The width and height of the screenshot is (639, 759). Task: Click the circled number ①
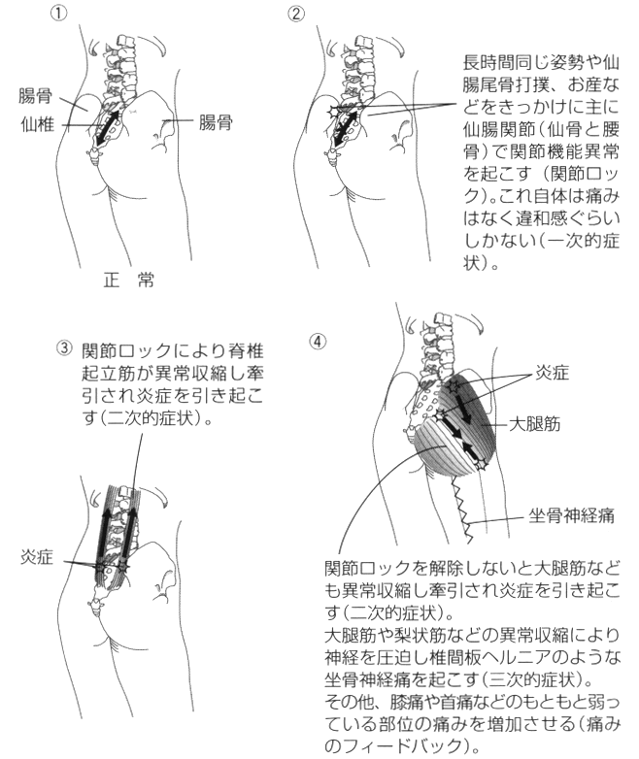(58, 14)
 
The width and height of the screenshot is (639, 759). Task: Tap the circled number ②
(296, 14)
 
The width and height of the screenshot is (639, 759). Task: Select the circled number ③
(64, 348)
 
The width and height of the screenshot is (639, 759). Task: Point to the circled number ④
(318, 342)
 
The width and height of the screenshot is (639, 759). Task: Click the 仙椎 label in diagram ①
(37, 125)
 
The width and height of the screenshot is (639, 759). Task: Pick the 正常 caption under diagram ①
(129, 280)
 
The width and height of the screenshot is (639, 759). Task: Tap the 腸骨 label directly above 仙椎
(35, 96)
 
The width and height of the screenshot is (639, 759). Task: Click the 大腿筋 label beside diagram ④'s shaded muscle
(535, 423)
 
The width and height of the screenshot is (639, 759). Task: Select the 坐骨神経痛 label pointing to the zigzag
(572, 516)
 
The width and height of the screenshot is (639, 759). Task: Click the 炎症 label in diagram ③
(37, 557)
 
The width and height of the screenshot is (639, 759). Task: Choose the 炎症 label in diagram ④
(553, 373)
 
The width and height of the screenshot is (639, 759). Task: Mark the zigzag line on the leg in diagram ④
(460, 510)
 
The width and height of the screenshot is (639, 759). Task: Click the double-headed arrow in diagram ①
(107, 127)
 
